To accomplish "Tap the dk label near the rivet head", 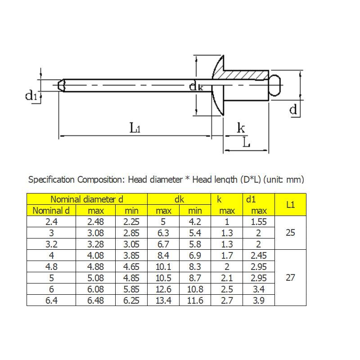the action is pyautogui.click(x=196, y=86).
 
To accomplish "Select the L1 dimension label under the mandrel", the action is pyautogui.click(x=135, y=128).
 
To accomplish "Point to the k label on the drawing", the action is pyautogui.click(x=241, y=128).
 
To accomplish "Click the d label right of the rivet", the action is pyautogui.click(x=293, y=109).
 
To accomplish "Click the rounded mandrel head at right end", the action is pyautogui.click(x=275, y=85).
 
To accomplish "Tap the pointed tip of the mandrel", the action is pyautogui.click(x=58, y=85).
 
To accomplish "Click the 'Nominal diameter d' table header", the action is pyautogui.click(x=87, y=199).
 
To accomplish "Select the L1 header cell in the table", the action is pyautogui.click(x=290, y=205).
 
